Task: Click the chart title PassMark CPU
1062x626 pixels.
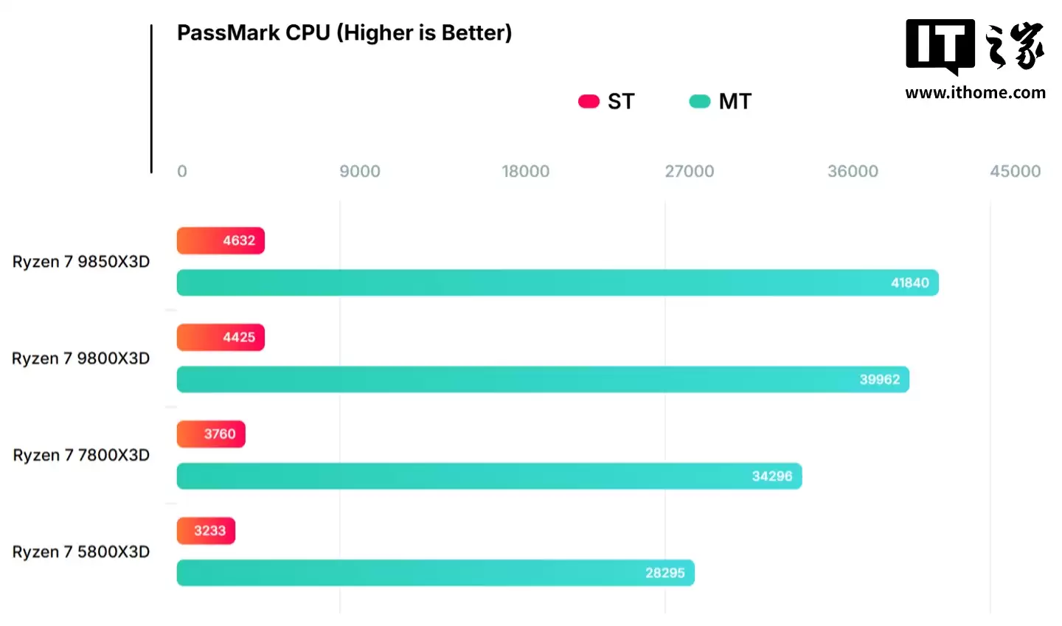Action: tap(344, 33)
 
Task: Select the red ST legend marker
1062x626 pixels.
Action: tap(589, 102)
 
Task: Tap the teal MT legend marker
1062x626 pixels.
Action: tap(699, 102)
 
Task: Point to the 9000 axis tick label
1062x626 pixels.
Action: tap(360, 172)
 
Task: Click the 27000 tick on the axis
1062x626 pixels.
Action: tap(689, 172)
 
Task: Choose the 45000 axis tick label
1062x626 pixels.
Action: tap(1015, 172)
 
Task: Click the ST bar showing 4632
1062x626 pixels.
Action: tap(221, 241)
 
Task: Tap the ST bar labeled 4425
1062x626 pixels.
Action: tap(221, 338)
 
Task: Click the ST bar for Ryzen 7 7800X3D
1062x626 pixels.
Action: tap(211, 434)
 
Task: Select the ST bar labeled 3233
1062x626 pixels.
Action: tap(206, 531)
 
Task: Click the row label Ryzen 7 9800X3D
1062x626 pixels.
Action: tap(81, 359)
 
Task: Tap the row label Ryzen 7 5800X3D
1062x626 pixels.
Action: tap(81, 552)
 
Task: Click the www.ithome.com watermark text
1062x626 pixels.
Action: tap(975, 93)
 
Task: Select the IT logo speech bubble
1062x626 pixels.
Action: tap(940, 46)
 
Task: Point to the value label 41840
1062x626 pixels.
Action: tap(909, 283)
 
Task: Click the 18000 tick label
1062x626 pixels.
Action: tap(525, 172)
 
